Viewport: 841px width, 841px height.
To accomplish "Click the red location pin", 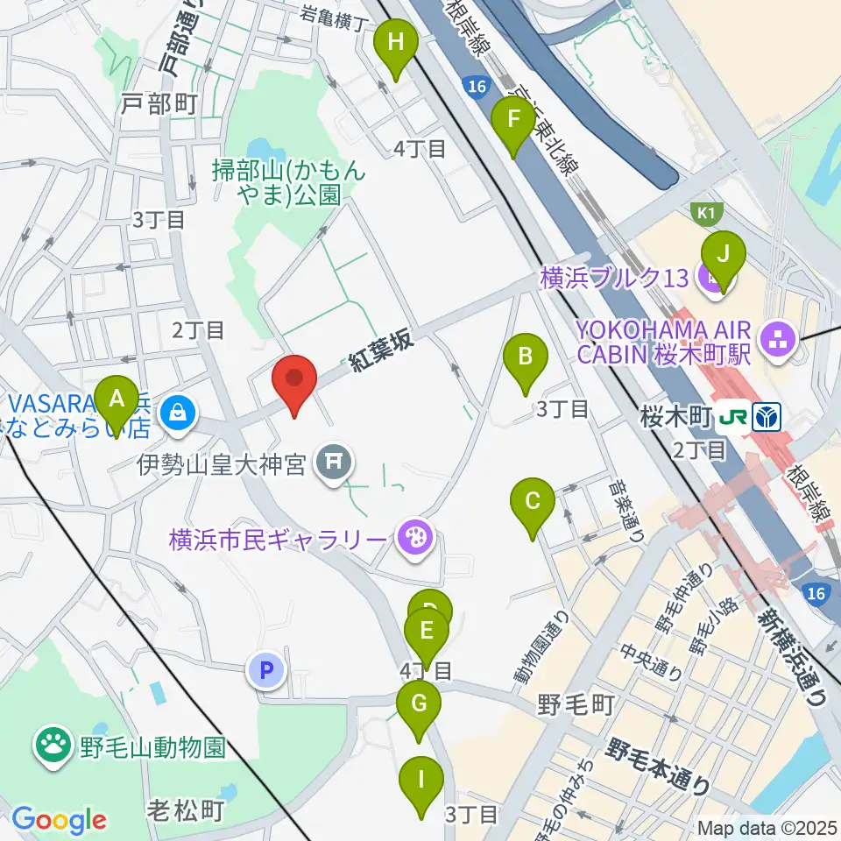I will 294,383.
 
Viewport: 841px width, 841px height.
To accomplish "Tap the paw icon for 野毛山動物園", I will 53,746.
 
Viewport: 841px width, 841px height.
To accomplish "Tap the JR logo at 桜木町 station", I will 734,417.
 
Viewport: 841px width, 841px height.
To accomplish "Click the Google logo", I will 59,820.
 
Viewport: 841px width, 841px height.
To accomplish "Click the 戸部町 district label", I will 159,103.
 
